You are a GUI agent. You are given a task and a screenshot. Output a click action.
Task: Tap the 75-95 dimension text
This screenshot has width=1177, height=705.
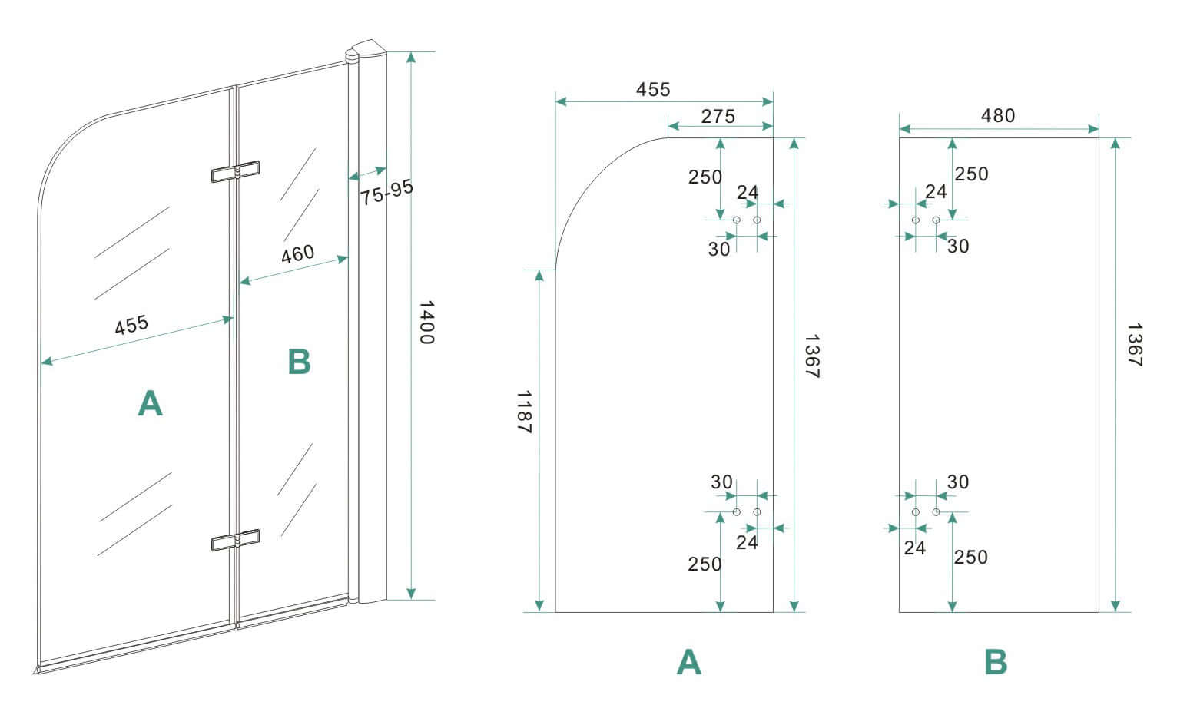tap(386, 192)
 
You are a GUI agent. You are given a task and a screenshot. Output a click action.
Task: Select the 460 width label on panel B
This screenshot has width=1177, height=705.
tap(297, 253)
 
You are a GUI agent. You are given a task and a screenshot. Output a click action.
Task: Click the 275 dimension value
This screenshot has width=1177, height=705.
tap(718, 116)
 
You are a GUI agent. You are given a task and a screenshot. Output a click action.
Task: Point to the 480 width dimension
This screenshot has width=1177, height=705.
tap(998, 115)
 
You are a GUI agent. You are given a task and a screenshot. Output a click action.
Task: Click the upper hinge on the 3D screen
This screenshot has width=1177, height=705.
tap(236, 172)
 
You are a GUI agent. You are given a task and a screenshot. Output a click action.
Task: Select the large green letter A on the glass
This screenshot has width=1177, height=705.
tap(150, 402)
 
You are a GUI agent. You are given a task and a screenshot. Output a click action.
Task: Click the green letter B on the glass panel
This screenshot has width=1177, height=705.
tap(299, 362)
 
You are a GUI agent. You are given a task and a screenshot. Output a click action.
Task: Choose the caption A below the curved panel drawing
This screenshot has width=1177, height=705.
tap(688, 661)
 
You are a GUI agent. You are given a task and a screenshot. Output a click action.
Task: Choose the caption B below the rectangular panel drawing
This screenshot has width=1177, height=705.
tap(996, 661)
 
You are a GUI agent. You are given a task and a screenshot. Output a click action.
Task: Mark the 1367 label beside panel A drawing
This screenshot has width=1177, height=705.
tap(812, 356)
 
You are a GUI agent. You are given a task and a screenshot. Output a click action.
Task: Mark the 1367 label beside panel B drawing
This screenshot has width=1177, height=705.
tap(1136, 345)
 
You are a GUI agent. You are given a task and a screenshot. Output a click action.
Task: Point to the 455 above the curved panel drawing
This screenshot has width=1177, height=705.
tap(653, 89)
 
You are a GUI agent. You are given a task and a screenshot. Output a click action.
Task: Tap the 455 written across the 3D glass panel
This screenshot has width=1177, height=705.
tap(131, 325)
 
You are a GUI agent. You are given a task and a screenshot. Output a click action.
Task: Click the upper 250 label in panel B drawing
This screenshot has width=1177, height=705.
tap(971, 174)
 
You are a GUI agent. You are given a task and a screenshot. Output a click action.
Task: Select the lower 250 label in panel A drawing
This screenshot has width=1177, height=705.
tap(705, 564)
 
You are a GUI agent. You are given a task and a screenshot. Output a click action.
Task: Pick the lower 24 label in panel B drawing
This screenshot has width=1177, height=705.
tap(914, 548)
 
